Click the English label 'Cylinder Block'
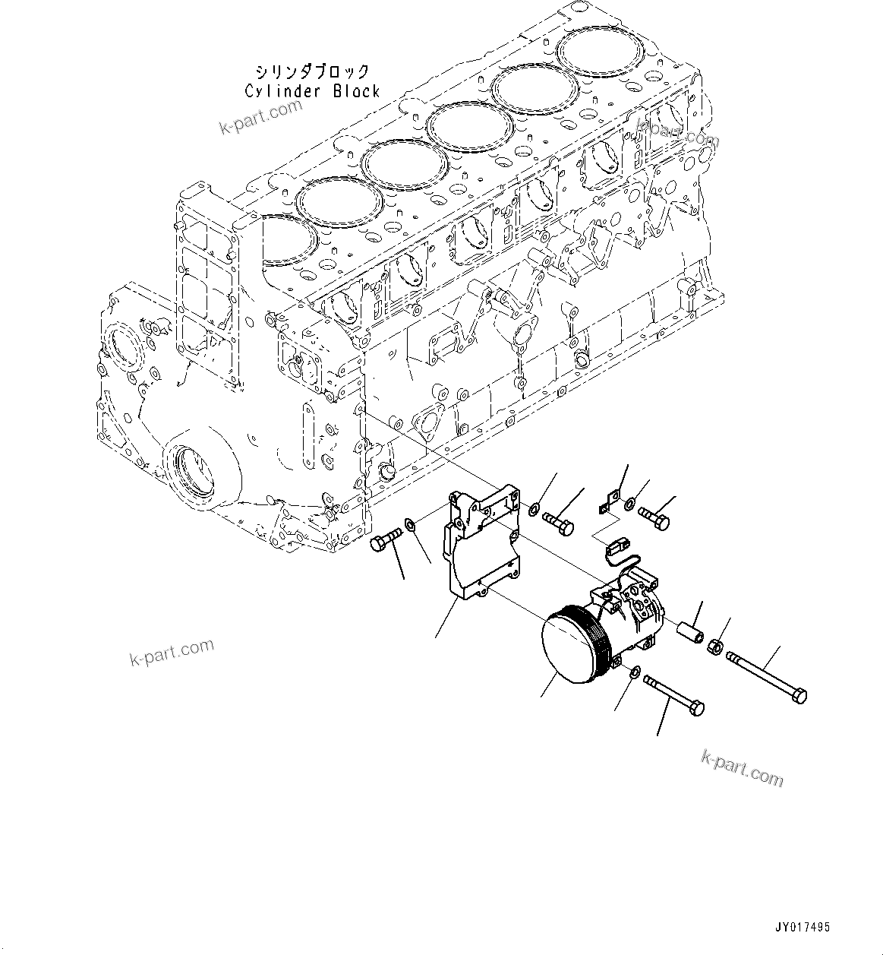tap(312, 92)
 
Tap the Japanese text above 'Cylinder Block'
tap(312, 72)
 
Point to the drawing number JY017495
tap(803, 928)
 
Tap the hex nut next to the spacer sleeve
tap(714, 647)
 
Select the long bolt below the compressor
tap(673, 694)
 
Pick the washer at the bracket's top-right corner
tap(535, 508)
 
